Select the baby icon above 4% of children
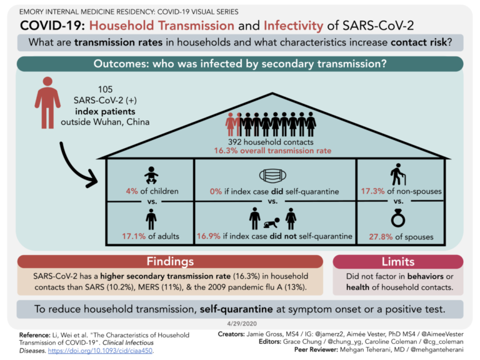pyautogui.click(x=151, y=176)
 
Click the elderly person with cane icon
pyautogui.click(x=396, y=174)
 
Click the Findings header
pyautogui.click(x=169, y=261)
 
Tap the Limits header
pyautogui.click(x=398, y=261)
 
